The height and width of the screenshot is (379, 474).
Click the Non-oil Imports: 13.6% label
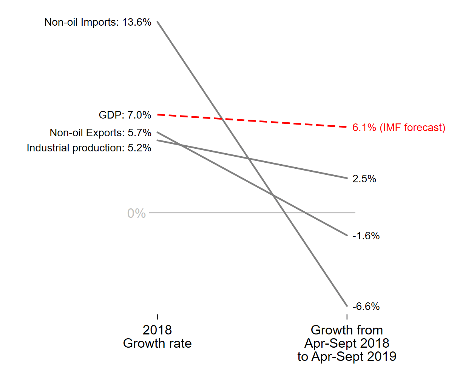tap(98, 22)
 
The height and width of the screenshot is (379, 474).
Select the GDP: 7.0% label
tap(125, 115)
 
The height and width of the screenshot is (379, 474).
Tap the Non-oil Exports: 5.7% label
tap(100, 133)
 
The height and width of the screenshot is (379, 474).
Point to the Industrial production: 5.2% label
tap(89, 148)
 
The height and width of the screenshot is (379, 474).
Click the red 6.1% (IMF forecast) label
tap(398, 128)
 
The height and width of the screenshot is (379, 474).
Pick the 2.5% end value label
tap(364, 179)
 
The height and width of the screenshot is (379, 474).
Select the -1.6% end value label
tap(366, 236)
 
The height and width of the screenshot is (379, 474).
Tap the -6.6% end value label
tap(366, 307)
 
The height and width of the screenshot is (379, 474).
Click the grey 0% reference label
tap(136, 213)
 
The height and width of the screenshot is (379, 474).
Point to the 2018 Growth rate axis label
tap(157, 337)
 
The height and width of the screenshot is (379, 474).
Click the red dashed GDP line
tap(252, 120)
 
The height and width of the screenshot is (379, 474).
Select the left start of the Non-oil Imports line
tap(157, 22)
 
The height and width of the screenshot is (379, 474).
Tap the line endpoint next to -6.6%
tap(347, 306)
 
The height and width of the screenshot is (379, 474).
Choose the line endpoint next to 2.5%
tap(347, 178)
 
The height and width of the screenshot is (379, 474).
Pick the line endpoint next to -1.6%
tap(347, 235)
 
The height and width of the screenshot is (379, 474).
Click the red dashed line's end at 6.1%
tap(346, 127)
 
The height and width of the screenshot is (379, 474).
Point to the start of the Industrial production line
tap(157, 140)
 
